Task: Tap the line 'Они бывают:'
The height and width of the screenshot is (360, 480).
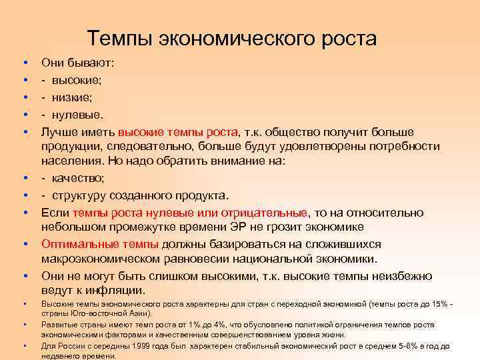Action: tap(78, 63)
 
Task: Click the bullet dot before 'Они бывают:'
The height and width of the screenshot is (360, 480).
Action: tap(25, 63)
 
